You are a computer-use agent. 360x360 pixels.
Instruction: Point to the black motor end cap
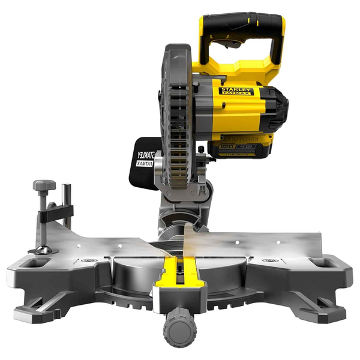click(x=277, y=108)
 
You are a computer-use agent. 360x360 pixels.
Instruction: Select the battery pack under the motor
click(x=240, y=149)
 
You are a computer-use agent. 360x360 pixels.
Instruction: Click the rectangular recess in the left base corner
click(x=38, y=262)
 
